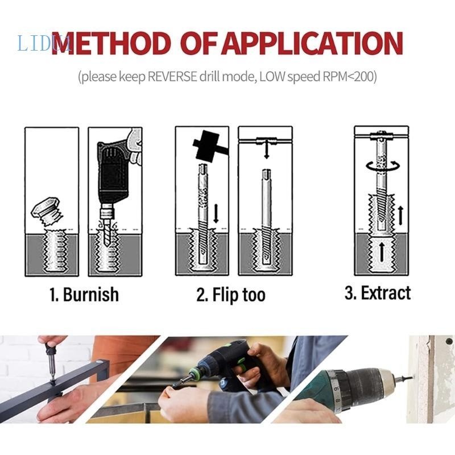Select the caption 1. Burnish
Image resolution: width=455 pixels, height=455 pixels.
tap(84, 294)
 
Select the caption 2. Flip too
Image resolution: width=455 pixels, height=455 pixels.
tap(230, 295)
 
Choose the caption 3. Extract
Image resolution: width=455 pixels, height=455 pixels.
tap(377, 293)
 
